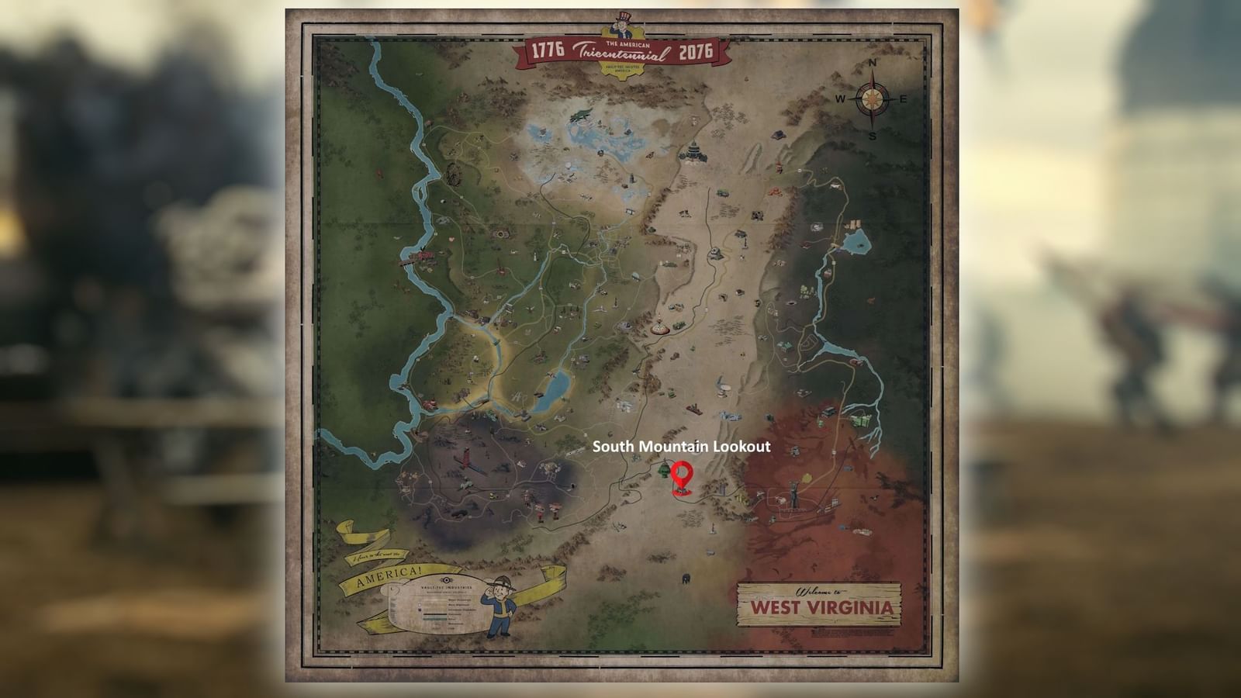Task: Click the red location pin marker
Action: pyautogui.click(x=682, y=475)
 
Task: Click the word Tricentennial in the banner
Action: pyautogui.click(x=620, y=54)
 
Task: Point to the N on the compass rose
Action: pyautogui.click(x=872, y=64)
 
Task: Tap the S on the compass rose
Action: pyautogui.click(x=872, y=136)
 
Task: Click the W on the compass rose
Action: pyautogui.click(x=840, y=99)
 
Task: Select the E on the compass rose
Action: pyautogui.click(x=903, y=99)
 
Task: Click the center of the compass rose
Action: pyautogui.click(x=872, y=99)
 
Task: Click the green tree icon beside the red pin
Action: pyautogui.click(x=664, y=469)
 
